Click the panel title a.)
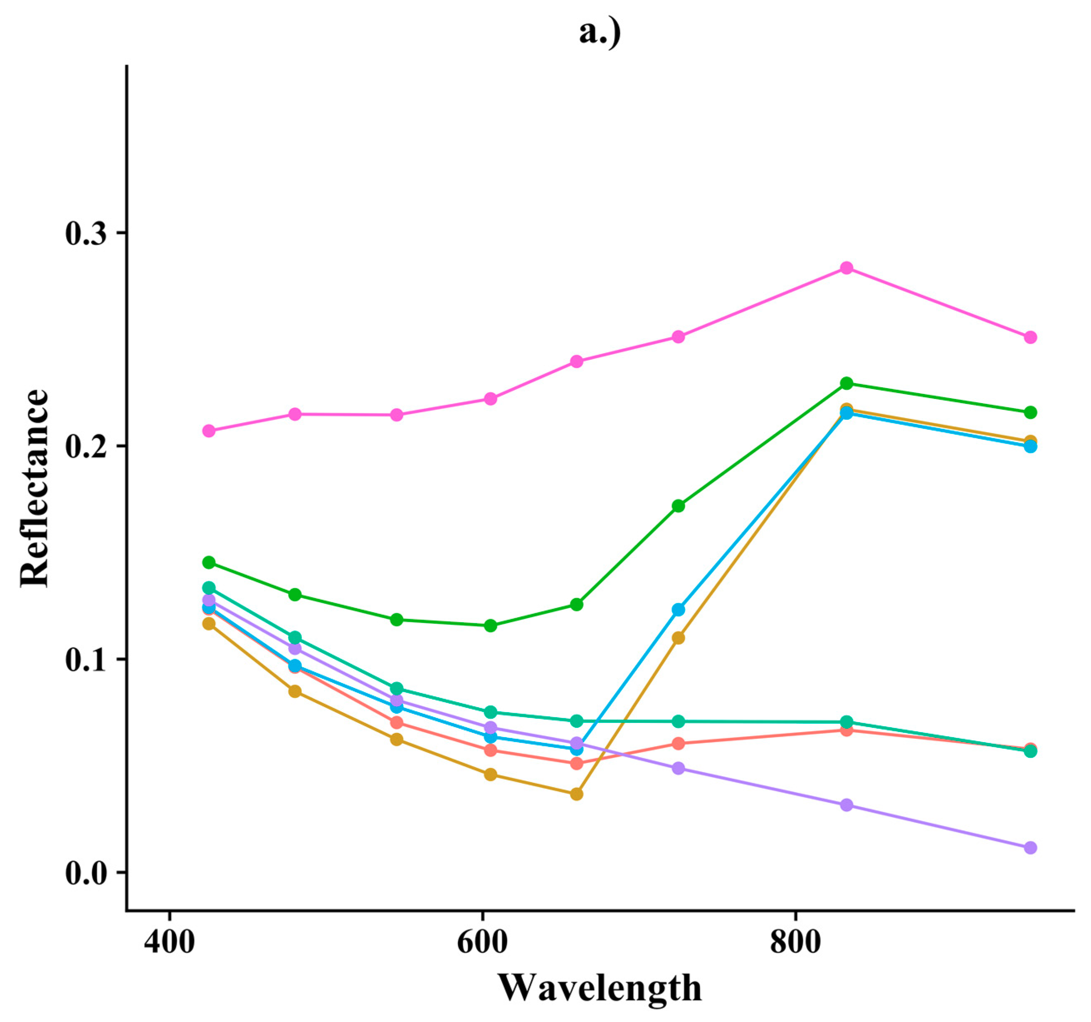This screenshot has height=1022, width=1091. pyautogui.click(x=600, y=33)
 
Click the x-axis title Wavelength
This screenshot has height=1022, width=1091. pyautogui.click(x=600, y=988)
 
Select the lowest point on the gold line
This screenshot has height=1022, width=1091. pyautogui.click(x=576, y=794)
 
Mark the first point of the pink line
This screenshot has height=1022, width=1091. pyautogui.click(x=209, y=431)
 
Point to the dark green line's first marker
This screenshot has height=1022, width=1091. pyautogui.click(x=209, y=562)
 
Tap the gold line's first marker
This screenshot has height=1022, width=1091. pyautogui.click(x=209, y=623)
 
